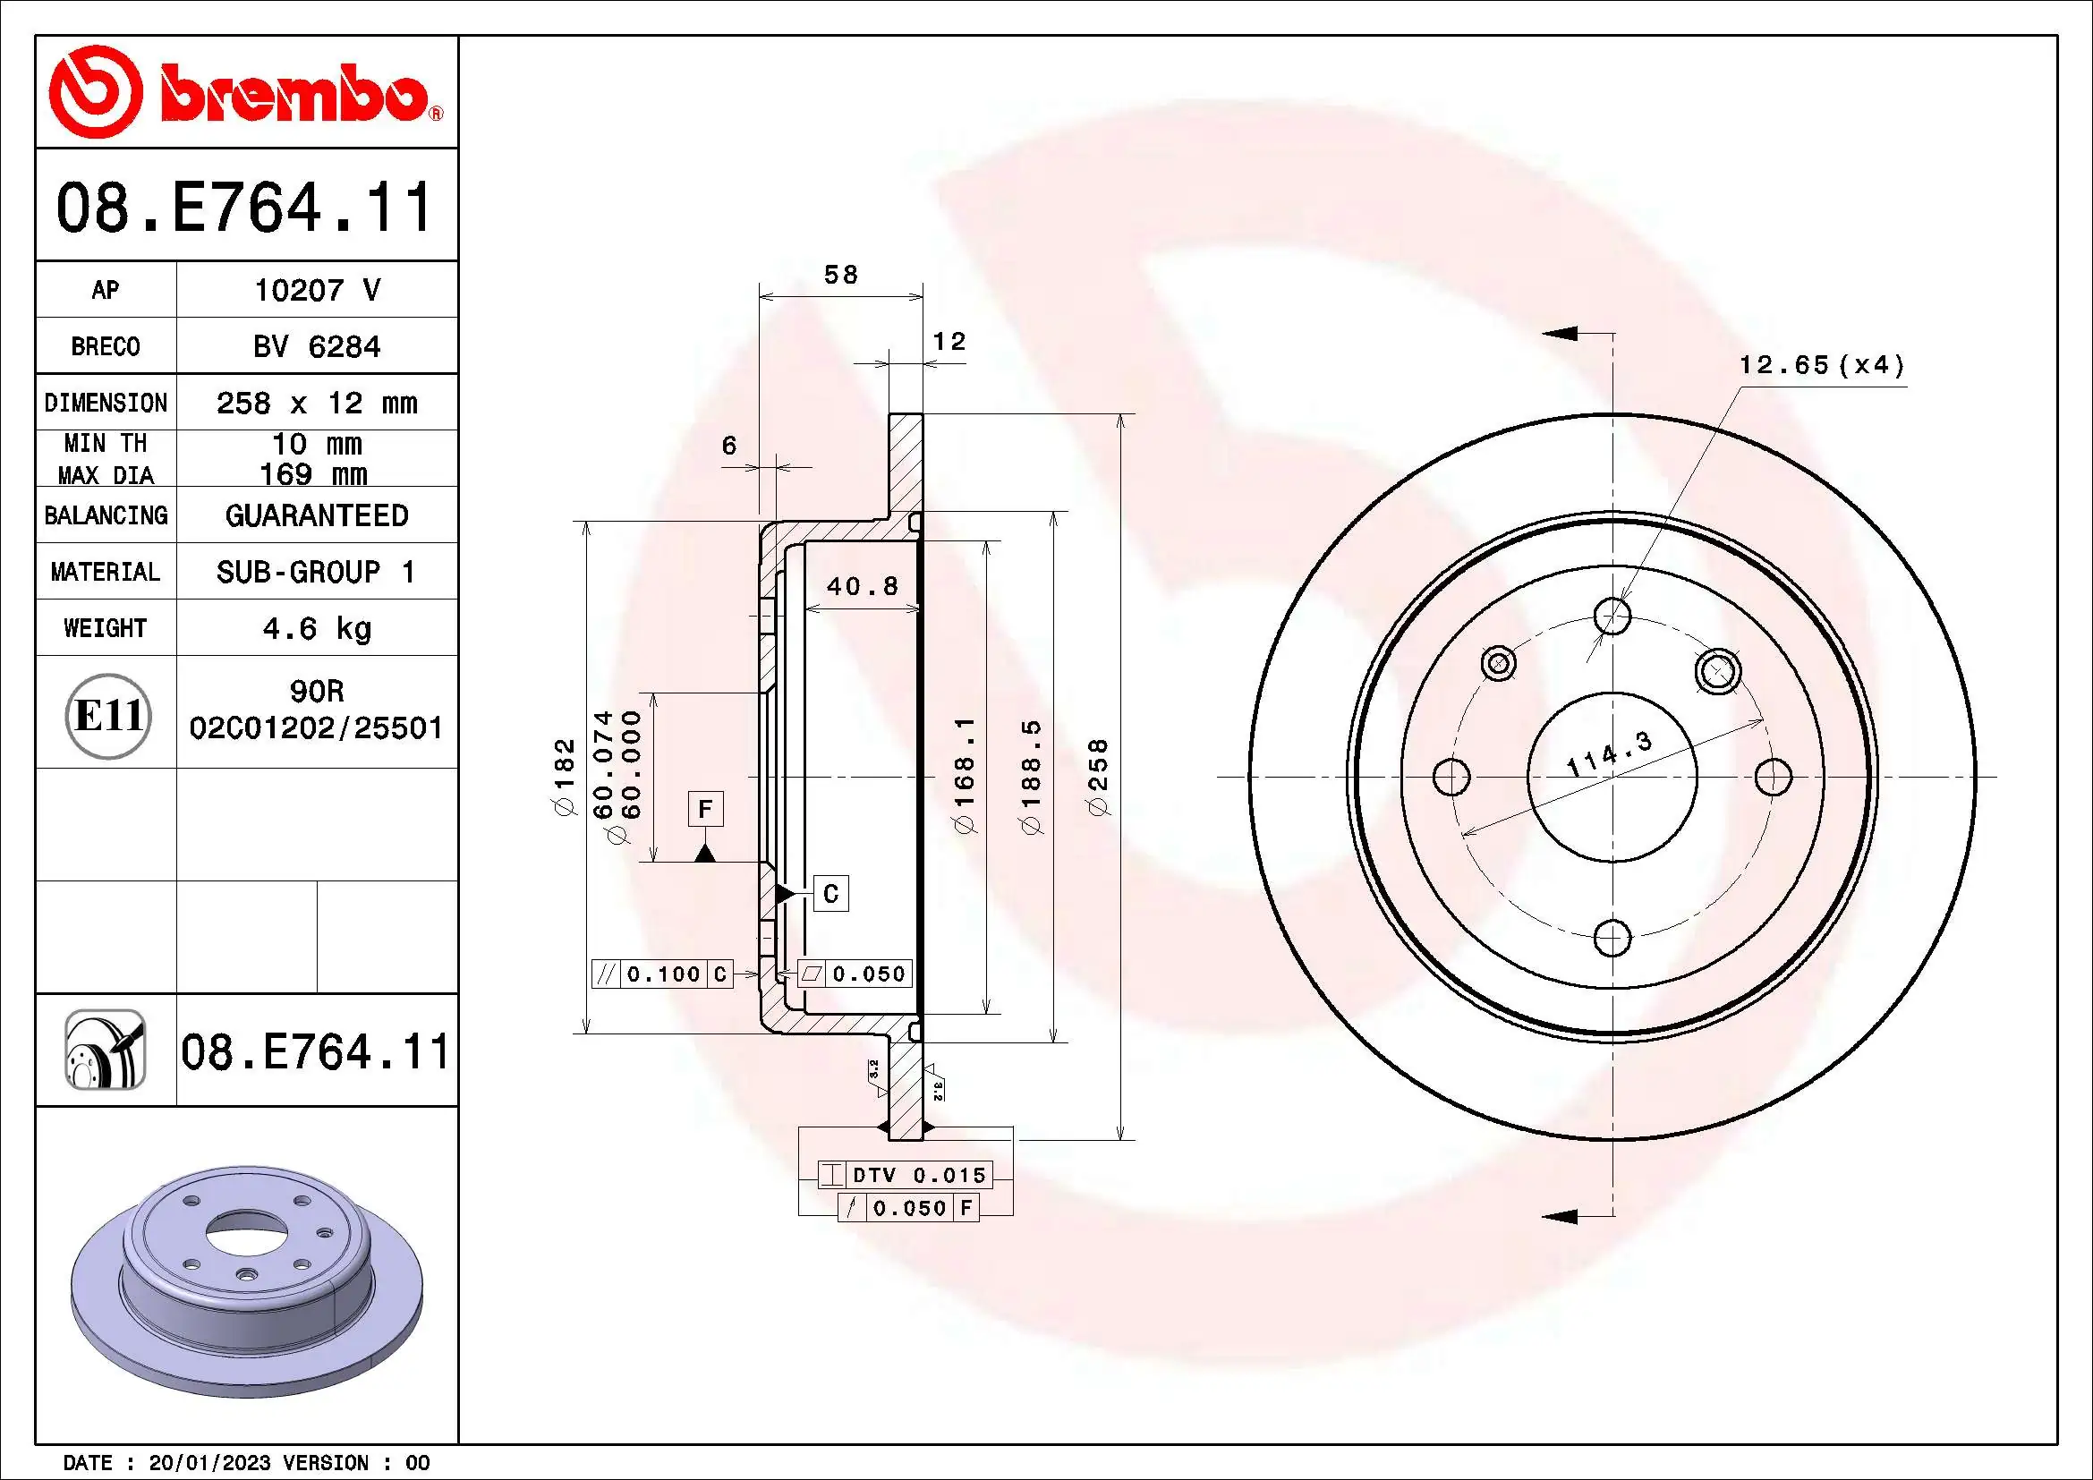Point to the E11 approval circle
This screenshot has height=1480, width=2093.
[x=107, y=716]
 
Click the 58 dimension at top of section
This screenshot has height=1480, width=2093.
[x=840, y=275]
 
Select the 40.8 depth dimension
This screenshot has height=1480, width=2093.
[x=863, y=586]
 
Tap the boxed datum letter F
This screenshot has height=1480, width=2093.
[x=704, y=809]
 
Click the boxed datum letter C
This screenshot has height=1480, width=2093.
[x=830, y=893]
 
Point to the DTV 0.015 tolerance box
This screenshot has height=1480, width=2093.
[x=904, y=1175]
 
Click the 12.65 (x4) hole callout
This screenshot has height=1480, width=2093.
[x=1821, y=365]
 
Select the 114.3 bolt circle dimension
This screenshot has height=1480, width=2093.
[x=1608, y=753]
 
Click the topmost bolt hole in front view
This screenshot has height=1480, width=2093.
[x=1612, y=616]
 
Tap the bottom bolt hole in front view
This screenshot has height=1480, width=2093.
[x=1612, y=937]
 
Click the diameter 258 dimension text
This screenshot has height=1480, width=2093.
[x=1100, y=778]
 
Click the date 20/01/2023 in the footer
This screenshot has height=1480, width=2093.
[x=209, y=1463]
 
